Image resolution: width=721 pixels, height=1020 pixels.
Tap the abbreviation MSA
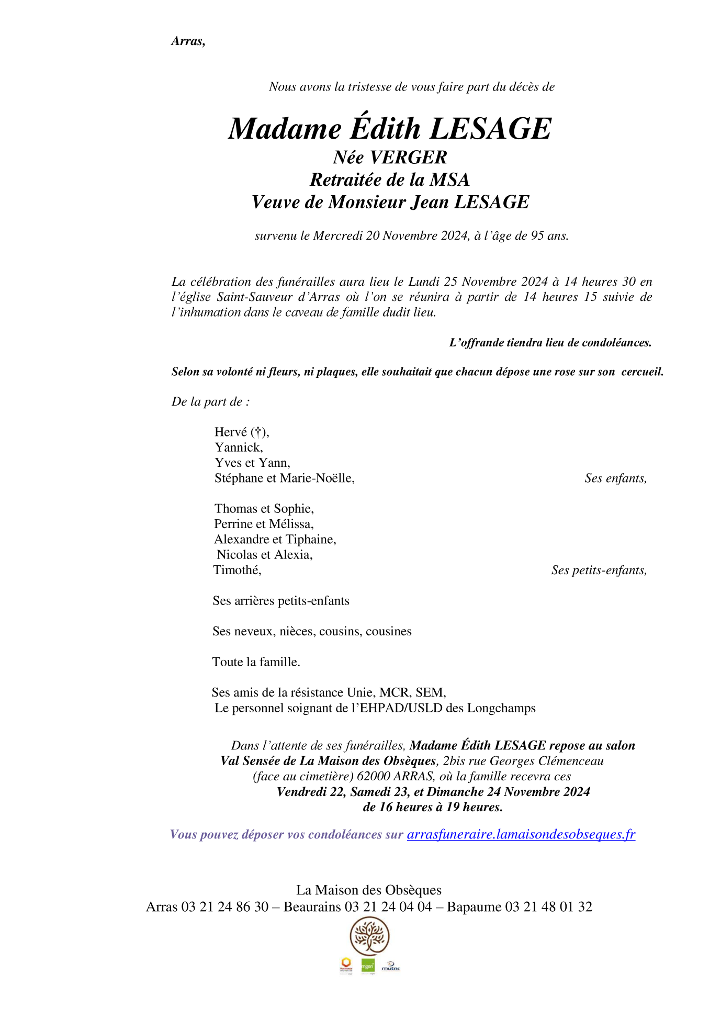pyautogui.click(x=449, y=180)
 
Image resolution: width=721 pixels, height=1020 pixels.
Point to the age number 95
pyautogui.click(x=537, y=236)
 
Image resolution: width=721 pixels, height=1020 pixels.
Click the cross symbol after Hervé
pyautogui.click(x=258, y=432)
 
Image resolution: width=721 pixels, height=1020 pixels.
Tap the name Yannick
pyautogui.click(x=238, y=447)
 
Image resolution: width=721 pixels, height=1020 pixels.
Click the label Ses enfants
pyautogui.click(x=615, y=478)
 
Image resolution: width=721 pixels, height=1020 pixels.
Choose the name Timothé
pyautogui.click(x=237, y=570)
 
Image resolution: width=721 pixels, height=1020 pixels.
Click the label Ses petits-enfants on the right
pyautogui.click(x=599, y=570)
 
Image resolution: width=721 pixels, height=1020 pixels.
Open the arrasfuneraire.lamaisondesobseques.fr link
pyautogui.click(x=521, y=834)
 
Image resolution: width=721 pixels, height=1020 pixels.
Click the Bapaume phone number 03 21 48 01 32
pyautogui.click(x=548, y=907)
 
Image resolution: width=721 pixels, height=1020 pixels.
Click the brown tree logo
pyautogui.click(x=369, y=937)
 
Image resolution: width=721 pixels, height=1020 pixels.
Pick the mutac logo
pyautogui.click(x=391, y=967)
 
